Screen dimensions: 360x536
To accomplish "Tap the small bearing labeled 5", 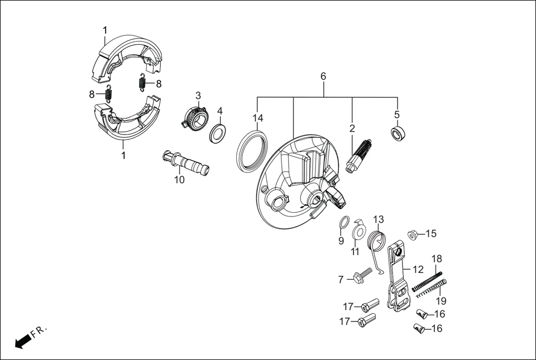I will (x=397, y=134).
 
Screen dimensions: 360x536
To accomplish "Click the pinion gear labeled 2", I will (x=357, y=156).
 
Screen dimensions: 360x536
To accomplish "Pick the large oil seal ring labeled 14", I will (x=251, y=150).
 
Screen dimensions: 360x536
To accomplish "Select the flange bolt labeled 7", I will (x=361, y=276).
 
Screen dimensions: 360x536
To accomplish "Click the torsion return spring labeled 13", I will (x=379, y=244).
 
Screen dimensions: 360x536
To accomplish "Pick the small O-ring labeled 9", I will (x=344, y=223).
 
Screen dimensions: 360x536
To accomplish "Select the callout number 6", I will (x=323, y=76).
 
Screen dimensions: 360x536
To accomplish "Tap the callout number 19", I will (x=441, y=301).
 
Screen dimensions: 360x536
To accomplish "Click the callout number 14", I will (x=257, y=118).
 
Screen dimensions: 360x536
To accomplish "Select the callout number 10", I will (x=179, y=180).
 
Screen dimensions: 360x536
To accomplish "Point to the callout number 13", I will (x=379, y=219).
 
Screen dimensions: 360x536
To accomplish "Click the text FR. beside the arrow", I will (x=40, y=332).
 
